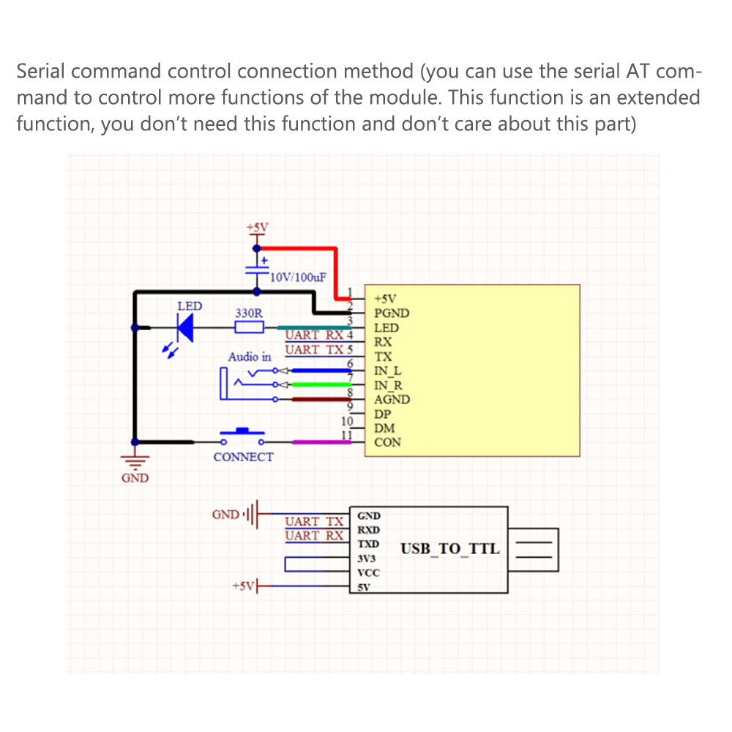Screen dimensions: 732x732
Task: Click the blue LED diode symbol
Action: pyautogui.click(x=185, y=328)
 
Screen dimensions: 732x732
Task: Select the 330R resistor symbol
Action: pyautogui.click(x=249, y=327)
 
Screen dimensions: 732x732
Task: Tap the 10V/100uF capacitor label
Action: pyautogui.click(x=298, y=277)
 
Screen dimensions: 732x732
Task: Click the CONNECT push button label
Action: pyautogui.click(x=243, y=457)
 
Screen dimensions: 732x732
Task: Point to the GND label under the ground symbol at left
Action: pyautogui.click(x=135, y=478)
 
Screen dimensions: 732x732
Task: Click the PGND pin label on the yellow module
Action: pyautogui.click(x=392, y=313)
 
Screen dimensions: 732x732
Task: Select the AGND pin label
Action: pyautogui.click(x=392, y=400)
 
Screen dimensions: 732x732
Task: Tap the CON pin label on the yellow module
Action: pyautogui.click(x=387, y=443)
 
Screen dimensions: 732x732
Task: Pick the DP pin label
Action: pyautogui.click(x=382, y=414)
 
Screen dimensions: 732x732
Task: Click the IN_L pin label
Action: pyautogui.click(x=387, y=371)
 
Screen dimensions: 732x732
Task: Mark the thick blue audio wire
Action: pyautogui.click(x=321, y=370)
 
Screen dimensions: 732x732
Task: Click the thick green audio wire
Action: pyautogui.click(x=321, y=385)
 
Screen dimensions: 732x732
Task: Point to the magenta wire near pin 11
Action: pyautogui.click(x=321, y=442)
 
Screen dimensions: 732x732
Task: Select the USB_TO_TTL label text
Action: pyautogui.click(x=450, y=549)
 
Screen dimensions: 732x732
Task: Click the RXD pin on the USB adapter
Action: pyautogui.click(x=369, y=530)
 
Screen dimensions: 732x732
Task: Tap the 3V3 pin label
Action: pyautogui.click(x=367, y=559)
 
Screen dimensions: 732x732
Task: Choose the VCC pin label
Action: pyautogui.click(x=368, y=573)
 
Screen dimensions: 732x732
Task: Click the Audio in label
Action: pyautogui.click(x=250, y=357)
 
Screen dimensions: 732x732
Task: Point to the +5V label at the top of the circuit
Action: pyautogui.click(x=257, y=228)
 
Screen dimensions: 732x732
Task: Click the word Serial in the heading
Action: pyautogui.click(x=40, y=72)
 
